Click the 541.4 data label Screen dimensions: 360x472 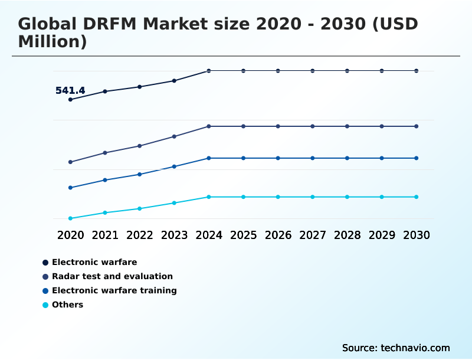click(70, 90)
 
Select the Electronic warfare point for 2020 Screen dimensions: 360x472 click(70, 99)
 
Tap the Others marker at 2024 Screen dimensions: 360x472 click(209, 197)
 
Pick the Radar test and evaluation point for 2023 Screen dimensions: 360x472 click(174, 136)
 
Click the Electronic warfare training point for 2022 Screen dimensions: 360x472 click(140, 174)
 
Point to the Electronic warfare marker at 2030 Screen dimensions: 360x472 click(417, 71)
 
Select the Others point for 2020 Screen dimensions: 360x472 click(70, 218)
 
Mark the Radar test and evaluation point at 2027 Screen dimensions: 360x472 click(313, 126)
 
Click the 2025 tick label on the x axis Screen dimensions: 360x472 click(243, 235)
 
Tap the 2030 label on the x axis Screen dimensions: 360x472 click(417, 235)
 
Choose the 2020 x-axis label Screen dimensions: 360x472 click(70, 235)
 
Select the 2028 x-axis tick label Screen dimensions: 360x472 click(347, 235)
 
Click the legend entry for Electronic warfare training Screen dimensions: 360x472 click(114, 290)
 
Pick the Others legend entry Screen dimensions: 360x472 click(67, 305)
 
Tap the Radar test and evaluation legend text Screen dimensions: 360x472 click(112, 276)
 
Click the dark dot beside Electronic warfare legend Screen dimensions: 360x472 click(45, 262)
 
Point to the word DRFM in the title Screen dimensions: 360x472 click(110, 24)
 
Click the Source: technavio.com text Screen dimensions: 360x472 click(396, 348)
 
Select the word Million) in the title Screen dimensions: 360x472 click(53, 41)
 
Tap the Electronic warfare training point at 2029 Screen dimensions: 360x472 click(382, 158)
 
